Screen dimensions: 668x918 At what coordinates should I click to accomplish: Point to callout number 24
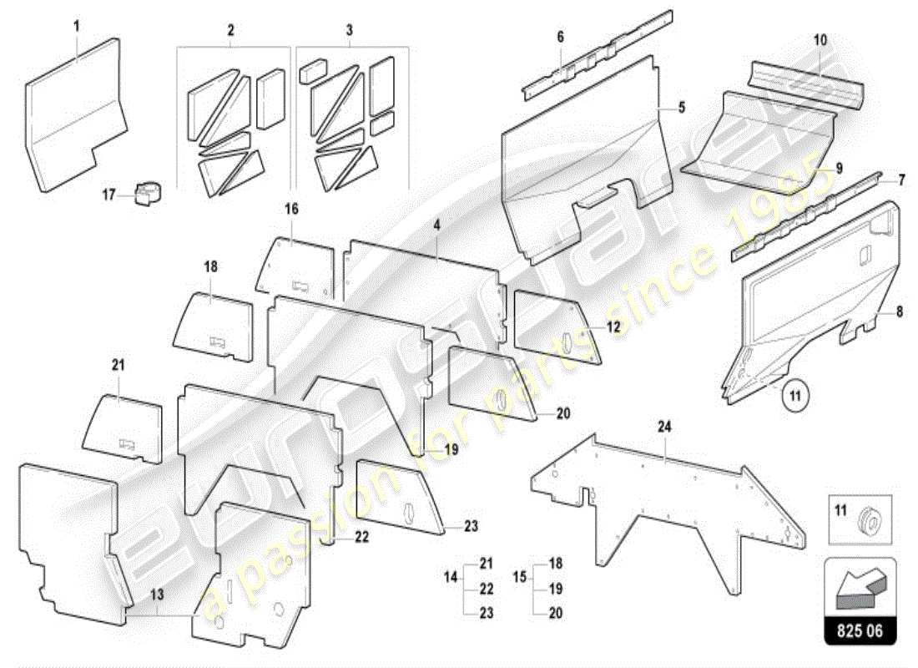point(664,427)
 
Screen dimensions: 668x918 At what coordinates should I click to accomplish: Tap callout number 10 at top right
point(820,39)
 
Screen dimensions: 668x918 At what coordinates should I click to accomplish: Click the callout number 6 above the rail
point(561,37)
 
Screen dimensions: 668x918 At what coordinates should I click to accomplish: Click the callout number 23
point(472,527)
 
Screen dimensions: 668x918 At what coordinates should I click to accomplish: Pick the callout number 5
point(682,107)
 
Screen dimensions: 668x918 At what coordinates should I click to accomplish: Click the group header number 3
point(350,30)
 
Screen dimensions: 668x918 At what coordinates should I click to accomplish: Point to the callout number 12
point(613,327)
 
